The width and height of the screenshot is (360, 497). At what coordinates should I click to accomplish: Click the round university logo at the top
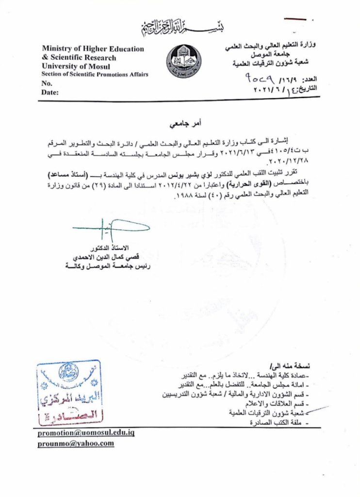[x=182, y=63]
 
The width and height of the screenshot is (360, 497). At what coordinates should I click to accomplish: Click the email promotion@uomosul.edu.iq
[x=86, y=433]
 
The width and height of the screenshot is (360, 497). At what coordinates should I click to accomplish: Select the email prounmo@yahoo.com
[x=76, y=444]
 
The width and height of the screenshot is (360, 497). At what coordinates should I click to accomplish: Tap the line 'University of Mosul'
[x=76, y=66]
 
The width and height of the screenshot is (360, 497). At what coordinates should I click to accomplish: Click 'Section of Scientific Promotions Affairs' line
[x=95, y=74]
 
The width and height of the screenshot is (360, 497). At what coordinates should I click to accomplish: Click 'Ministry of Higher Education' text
[x=93, y=49]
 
